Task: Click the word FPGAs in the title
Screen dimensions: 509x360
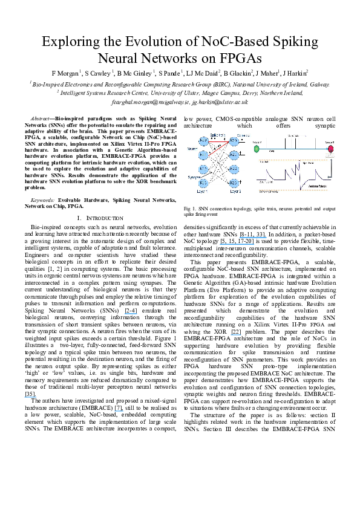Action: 238,59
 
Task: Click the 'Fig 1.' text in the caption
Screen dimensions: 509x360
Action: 188,208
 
